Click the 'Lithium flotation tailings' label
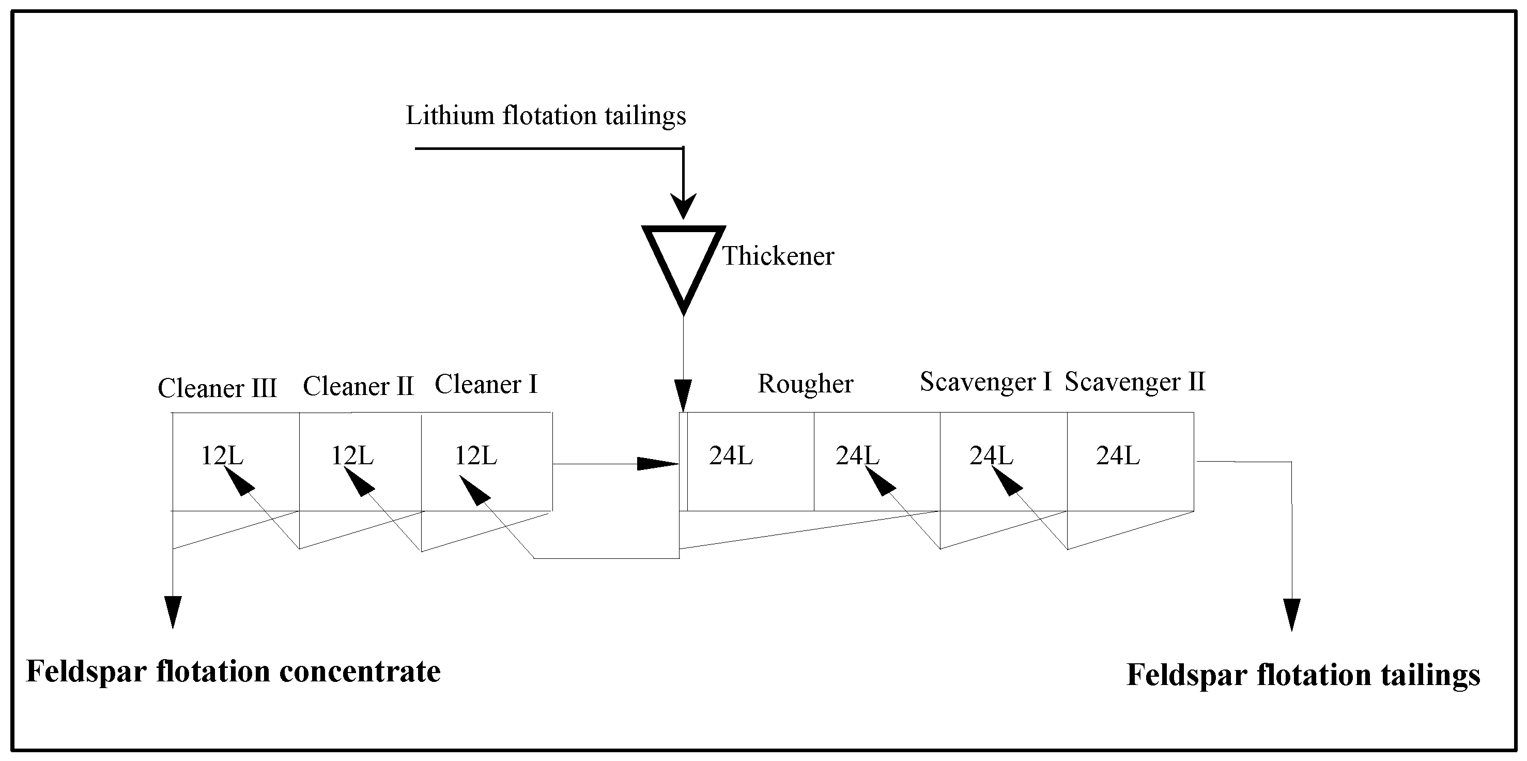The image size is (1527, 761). point(545,116)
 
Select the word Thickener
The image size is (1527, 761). point(778,256)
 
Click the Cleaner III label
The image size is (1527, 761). point(217,388)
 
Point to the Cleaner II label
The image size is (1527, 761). point(358,387)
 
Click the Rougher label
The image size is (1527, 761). point(805,384)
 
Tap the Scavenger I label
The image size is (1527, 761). point(985,382)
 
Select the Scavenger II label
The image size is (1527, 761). point(1135,382)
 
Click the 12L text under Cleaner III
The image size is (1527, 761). point(222,455)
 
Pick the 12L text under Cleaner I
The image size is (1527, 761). point(475,455)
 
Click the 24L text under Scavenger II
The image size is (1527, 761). point(1118,455)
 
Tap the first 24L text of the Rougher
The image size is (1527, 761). point(731,455)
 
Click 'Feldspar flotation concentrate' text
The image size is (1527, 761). point(234,672)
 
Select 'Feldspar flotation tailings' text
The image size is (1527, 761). point(1303,675)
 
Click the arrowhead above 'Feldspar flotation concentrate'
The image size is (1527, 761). point(173,612)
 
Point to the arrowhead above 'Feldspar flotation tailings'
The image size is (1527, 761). point(1292,615)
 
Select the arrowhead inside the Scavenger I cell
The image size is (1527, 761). point(1006,480)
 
